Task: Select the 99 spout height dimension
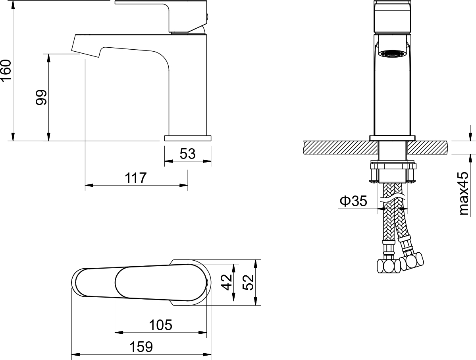tap(41, 97)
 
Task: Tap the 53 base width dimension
tap(188, 154)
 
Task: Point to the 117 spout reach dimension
tap(136, 178)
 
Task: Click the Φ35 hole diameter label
tap(353, 201)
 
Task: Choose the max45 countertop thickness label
tap(464, 194)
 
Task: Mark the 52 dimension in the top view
tap(248, 282)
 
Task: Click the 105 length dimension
tap(161, 325)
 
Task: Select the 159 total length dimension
tap(141, 347)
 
